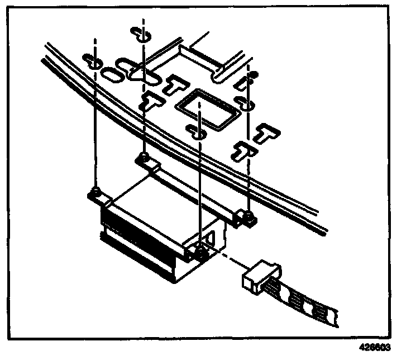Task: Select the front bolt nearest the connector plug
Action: [x=200, y=253]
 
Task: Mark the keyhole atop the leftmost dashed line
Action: [x=93, y=61]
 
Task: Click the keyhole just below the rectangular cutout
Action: [x=197, y=132]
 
